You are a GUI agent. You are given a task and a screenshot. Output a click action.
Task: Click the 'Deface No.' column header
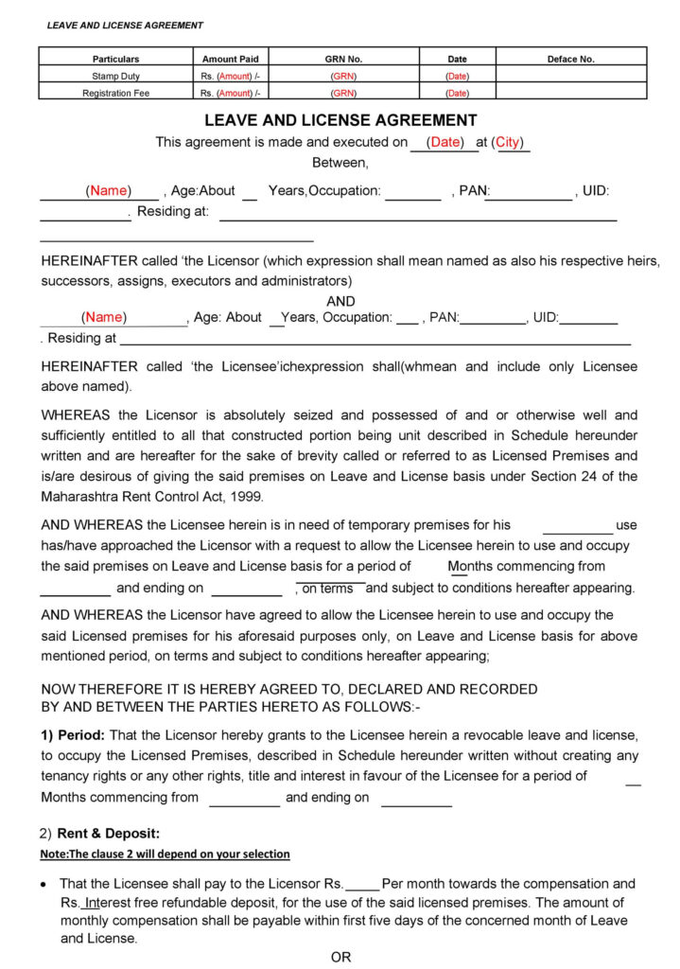[570, 59]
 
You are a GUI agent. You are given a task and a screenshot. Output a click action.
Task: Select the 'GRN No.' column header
[342, 59]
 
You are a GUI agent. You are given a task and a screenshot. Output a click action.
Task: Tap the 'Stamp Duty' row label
[115, 76]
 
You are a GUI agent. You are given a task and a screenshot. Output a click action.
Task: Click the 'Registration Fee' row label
[115, 93]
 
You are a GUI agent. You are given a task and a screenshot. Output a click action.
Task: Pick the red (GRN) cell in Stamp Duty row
[342, 76]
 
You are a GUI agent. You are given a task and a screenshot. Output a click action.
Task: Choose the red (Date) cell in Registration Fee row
[457, 93]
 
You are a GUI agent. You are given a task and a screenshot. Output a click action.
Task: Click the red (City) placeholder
[508, 142]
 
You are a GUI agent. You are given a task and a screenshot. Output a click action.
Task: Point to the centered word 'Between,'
[340, 163]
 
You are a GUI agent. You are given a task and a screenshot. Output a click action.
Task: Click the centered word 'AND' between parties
[340, 302]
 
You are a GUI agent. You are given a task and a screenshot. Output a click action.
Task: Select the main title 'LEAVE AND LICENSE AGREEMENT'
[340, 120]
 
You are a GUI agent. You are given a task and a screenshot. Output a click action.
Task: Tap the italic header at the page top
[125, 26]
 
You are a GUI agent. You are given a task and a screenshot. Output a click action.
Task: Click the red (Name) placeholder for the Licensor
[108, 190]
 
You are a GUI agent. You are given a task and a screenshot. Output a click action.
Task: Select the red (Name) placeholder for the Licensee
[103, 317]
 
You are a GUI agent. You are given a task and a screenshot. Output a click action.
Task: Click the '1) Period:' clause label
[73, 734]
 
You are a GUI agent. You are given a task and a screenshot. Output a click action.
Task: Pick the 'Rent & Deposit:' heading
[108, 834]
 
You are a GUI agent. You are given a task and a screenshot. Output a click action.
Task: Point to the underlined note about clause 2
[165, 854]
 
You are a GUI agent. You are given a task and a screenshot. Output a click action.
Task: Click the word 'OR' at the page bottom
[340, 957]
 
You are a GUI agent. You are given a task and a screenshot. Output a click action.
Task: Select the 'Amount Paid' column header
[230, 59]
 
